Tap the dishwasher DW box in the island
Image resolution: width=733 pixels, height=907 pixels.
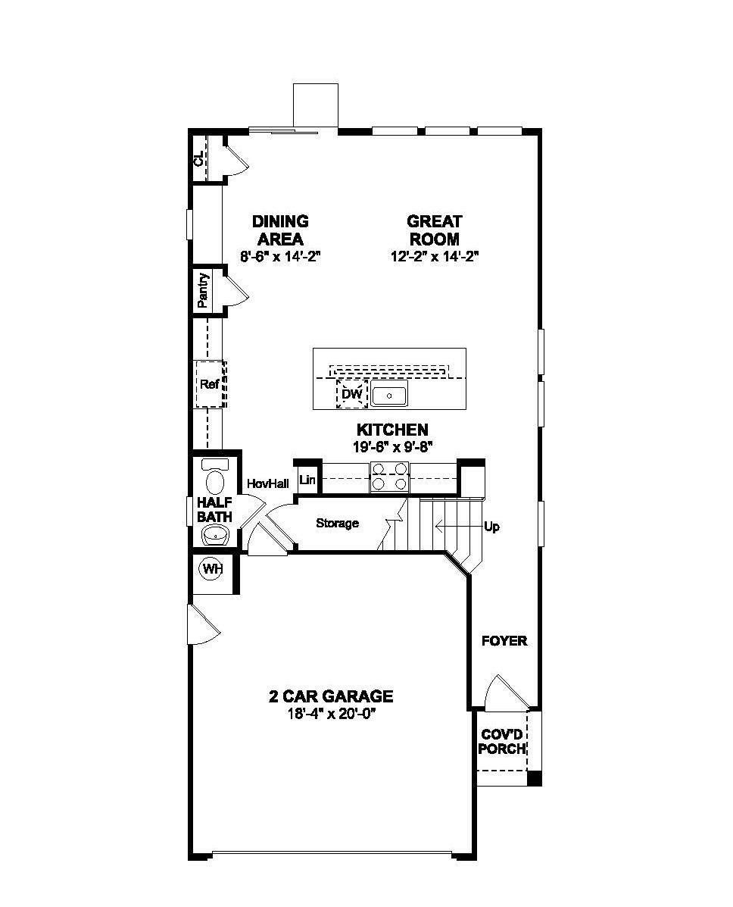point(351,394)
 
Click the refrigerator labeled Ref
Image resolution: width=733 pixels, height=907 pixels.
point(210,384)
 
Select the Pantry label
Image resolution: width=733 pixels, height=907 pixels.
point(203,290)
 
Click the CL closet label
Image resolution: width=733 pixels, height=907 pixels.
point(198,159)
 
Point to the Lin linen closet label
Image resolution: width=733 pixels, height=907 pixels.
point(307,480)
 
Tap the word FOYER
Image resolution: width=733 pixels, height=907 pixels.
point(504,641)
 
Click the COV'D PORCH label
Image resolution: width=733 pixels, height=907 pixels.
point(503,742)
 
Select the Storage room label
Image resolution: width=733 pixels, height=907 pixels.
point(337,523)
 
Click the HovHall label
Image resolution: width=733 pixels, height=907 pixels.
point(267,483)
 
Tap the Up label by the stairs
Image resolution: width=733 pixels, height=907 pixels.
point(491,527)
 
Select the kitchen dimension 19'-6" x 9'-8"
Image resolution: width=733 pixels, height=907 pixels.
point(392,446)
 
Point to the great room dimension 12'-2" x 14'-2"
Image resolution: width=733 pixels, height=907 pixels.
point(434,256)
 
